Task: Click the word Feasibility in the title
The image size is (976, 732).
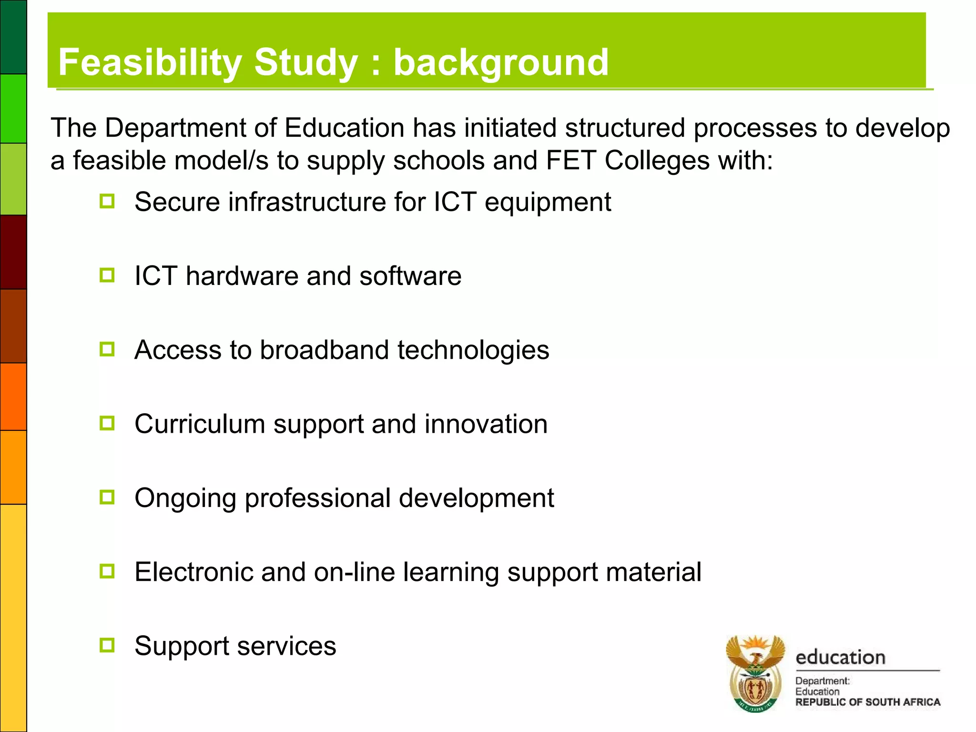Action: tap(150, 62)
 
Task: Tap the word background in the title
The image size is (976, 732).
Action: tap(501, 62)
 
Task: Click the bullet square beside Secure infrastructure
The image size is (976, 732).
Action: tap(107, 201)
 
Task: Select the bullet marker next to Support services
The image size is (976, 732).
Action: tap(107, 645)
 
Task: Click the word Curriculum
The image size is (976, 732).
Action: tap(200, 424)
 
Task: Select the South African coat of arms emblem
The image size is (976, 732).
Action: tap(755, 673)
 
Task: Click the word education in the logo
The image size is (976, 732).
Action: tap(840, 658)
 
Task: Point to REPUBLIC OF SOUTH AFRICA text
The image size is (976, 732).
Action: tap(867, 702)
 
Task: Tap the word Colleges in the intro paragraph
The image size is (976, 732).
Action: tap(657, 161)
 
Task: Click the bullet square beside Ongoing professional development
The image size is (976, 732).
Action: tap(107, 498)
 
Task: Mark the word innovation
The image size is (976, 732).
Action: tap(486, 424)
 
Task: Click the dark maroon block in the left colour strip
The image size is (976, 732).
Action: tap(13, 252)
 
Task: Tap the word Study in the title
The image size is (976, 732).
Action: tap(306, 62)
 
